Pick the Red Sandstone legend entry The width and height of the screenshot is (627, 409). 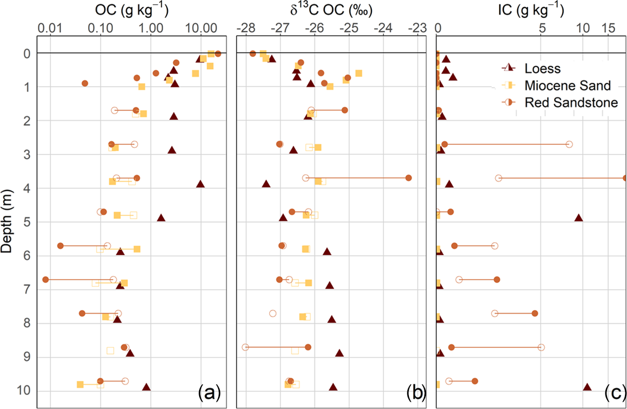click(571, 103)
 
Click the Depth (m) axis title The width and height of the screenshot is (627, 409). click(7, 222)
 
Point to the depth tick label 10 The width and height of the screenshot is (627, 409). click(26, 391)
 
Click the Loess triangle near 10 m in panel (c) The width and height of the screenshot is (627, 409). click(587, 387)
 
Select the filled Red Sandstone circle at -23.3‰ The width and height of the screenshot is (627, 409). click(408, 178)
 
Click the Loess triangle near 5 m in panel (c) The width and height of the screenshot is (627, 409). click(578, 218)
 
